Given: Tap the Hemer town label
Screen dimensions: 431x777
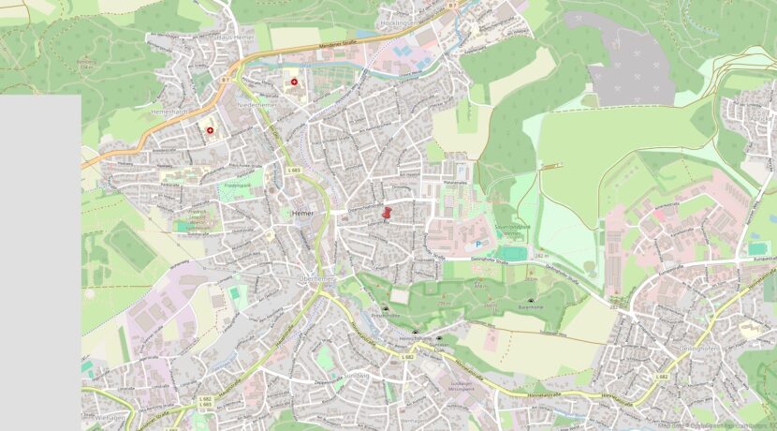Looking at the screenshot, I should tap(302, 214).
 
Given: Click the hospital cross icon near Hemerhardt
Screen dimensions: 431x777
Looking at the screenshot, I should tap(210, 131).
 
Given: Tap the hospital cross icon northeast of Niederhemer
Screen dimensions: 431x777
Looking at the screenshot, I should tap(296, 82).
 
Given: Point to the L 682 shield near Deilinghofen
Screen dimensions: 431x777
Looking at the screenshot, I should tap(662, 378).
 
